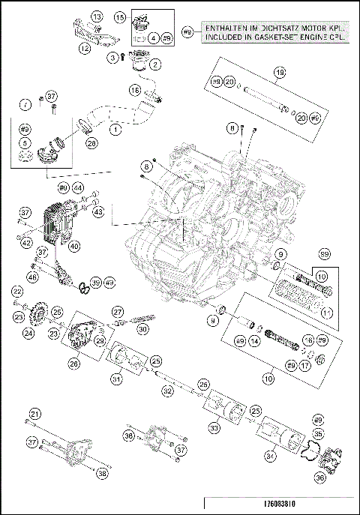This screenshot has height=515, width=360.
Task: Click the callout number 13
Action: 96,16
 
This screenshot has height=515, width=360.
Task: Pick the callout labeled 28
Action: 91,142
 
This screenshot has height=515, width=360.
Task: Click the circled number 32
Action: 167,391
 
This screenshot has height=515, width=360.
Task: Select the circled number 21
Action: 34,414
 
